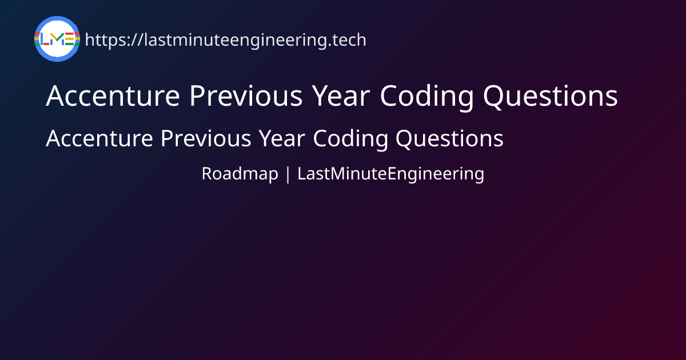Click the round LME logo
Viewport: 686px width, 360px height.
coord(57,39)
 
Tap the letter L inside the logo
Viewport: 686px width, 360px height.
coord(45,39)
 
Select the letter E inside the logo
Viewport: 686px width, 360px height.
coord(70,39)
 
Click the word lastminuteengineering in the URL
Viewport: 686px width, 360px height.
coord(235,41)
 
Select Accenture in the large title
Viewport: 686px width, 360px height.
coord(113,96)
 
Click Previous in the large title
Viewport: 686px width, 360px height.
coord(246,95)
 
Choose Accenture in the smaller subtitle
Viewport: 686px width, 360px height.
coord(99,138)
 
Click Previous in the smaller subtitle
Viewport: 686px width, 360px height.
coord(206,138)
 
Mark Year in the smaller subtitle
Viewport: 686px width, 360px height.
coord(282,138)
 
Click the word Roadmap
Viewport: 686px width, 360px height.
coord(240,174)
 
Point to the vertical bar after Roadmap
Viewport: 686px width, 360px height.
coord(288,174)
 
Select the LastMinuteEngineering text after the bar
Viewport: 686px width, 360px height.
coord(391,174)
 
